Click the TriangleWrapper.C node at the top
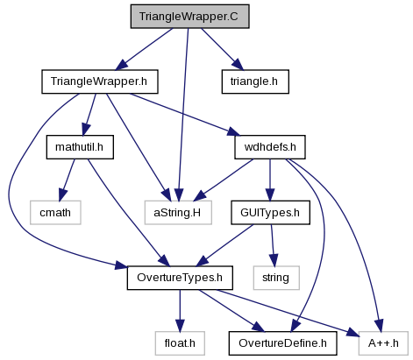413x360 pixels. [x=189, y=17]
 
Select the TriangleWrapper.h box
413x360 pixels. [x=100, y=81]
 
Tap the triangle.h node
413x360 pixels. [x=255, y=81]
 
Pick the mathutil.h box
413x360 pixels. [x=80, y=147]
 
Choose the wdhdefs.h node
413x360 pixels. [x=270, y=147]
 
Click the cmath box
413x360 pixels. [x=55, y=212]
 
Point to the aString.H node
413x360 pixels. [x=178, y=212]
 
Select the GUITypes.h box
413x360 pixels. [x=270, y=212]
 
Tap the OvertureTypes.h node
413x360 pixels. [x=180, y=278]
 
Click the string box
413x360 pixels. [x=276, y=278]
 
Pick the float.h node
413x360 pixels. [x=180, y=343]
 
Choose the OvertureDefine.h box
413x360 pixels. [x=282, y=343]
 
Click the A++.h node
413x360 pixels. [x=383, y=343]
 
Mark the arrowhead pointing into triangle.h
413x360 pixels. [x=239, y=65]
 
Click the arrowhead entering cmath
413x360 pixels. [x=63, y=194]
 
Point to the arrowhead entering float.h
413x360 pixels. [x=180, y=325]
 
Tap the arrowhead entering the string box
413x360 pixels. [x=274, y=260]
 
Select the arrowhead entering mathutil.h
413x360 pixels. [x=86, y=130]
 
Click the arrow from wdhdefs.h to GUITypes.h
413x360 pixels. [x=270, y=180]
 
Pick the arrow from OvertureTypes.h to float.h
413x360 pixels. [x=180, y=311]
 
